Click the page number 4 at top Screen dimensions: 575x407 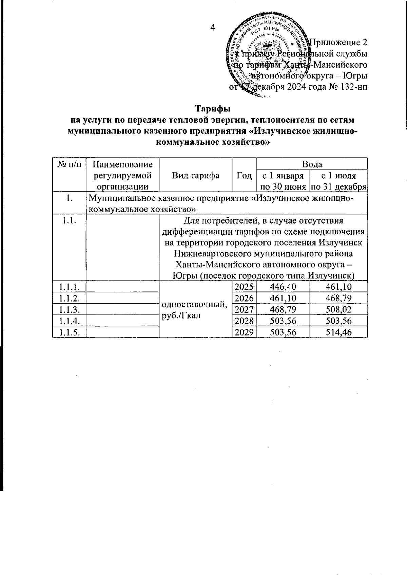coord(213,28)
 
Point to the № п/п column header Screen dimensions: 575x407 coord(70,165)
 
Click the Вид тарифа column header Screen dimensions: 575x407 coord(195,175)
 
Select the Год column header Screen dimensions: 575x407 coord(244,175)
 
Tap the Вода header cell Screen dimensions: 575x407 coord(312,164)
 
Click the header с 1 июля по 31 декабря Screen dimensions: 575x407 coord(338,181)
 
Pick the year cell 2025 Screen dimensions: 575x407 coord(244,287)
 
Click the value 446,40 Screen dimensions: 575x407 coord(283,287)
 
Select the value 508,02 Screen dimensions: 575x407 coord(338,310)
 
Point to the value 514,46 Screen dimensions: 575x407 coord(338,332)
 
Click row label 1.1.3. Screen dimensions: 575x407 coord(70,310)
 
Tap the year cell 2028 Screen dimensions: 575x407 coord(244,321)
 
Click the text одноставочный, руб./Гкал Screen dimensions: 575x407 coord(195,309)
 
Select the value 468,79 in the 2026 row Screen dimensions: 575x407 coord(338,299)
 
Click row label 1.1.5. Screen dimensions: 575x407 coord(70,332)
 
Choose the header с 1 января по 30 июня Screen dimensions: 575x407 coord(283,181)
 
